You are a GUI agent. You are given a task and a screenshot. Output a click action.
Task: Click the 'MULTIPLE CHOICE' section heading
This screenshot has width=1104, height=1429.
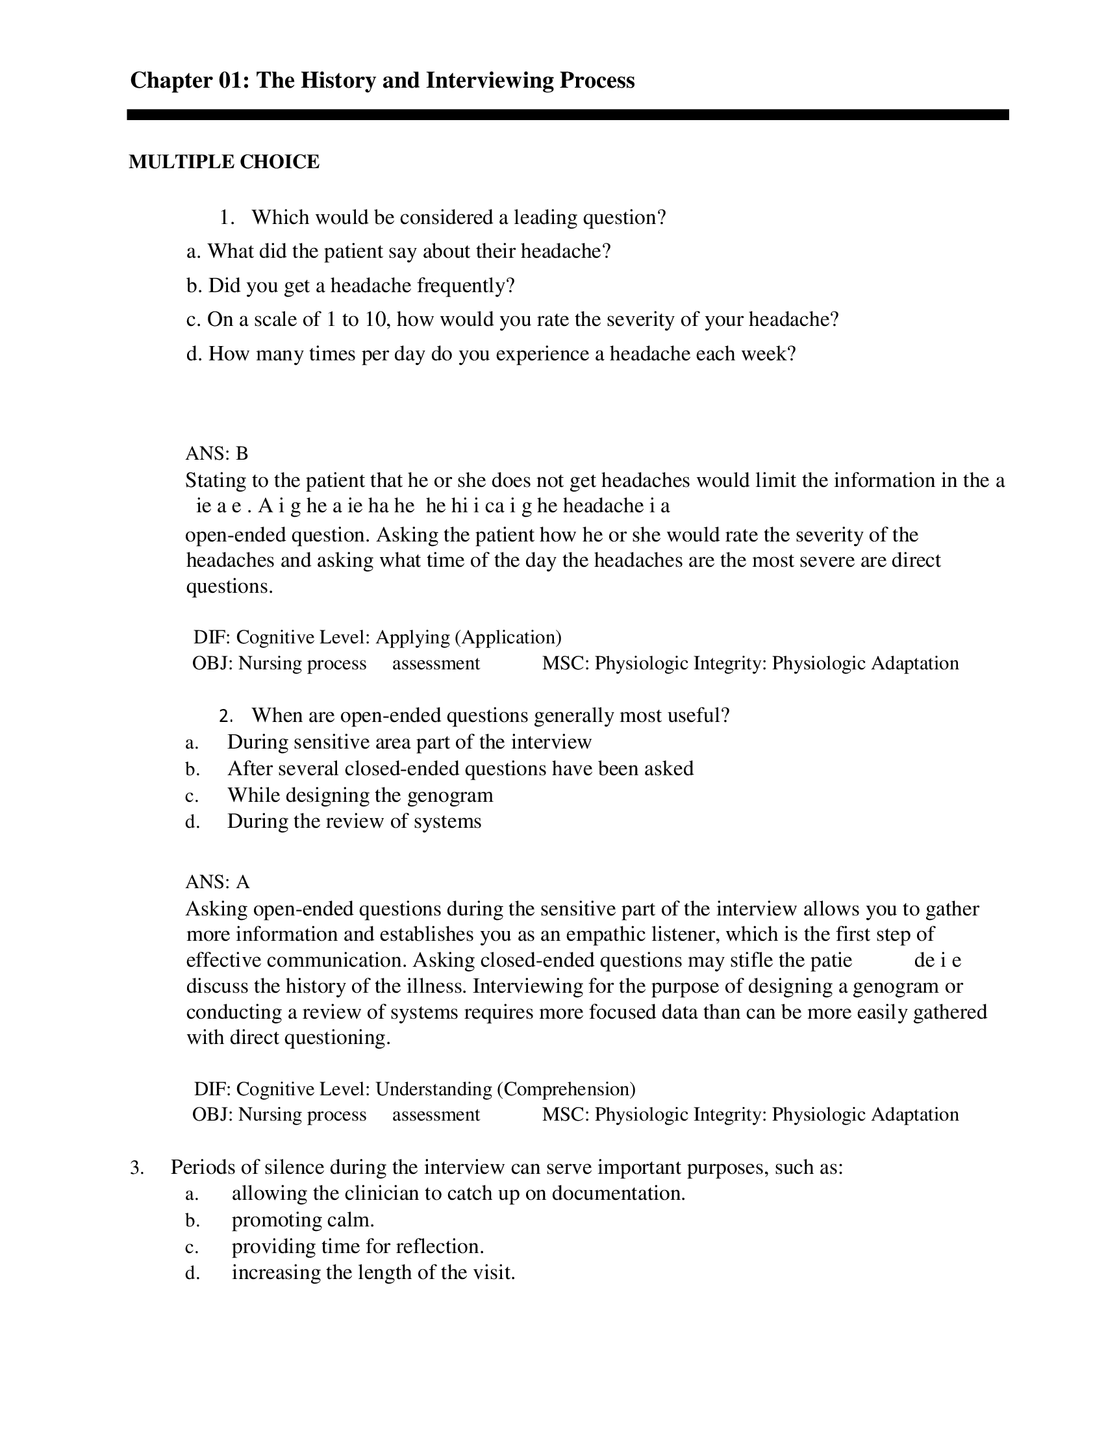pos(224,162)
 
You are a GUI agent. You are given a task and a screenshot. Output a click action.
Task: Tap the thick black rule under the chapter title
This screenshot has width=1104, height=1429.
pos(568,114)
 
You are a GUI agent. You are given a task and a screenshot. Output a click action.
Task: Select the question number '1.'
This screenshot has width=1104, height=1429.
pos(227,217)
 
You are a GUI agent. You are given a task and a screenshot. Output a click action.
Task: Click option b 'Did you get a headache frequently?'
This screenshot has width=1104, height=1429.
pos(351,286)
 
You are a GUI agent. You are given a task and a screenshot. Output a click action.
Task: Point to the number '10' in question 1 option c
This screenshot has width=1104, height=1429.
pos(376,319)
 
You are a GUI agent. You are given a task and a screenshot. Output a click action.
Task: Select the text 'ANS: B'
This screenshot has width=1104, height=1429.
pos(217,453)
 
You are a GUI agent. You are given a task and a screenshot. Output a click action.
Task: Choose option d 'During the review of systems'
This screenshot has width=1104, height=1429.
pos(354,821)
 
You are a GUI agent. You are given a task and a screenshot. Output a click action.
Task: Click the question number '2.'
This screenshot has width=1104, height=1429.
pos(227,716)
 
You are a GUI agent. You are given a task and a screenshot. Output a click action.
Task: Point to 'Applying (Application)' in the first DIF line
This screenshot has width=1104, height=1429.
pos(469,637)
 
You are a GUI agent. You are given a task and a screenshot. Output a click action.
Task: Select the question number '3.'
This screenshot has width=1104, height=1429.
pos(137,1168)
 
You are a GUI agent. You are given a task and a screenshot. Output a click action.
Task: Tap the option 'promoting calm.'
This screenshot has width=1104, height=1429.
pos(303,1221)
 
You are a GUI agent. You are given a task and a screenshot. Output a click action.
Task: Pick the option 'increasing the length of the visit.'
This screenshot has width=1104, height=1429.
pos(373,1273)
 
